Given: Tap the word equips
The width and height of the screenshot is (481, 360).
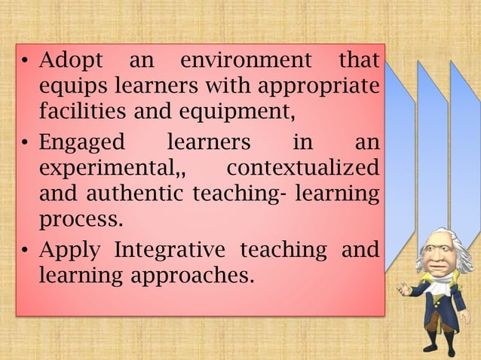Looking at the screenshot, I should click(66, 87).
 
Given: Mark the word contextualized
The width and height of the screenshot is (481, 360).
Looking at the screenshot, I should click(302, 169).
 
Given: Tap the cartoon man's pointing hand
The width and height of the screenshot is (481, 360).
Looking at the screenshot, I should click(404, 288).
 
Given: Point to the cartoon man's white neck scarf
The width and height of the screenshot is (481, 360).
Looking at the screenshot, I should click(440, 285).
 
